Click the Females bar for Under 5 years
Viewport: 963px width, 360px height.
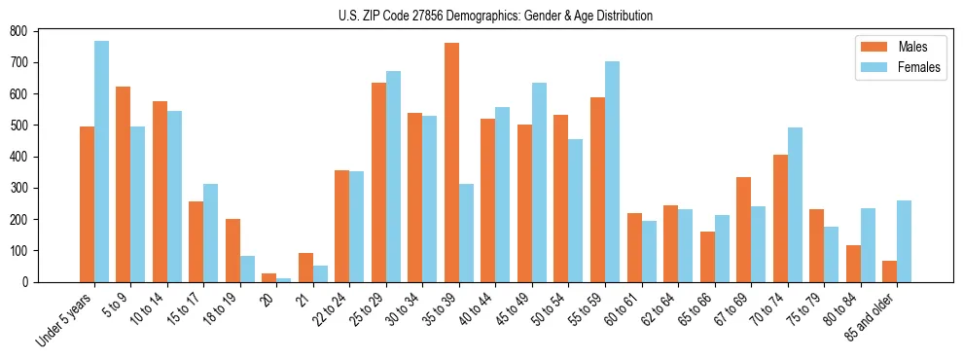pos(101,162)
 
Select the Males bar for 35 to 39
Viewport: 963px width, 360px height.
pos(451,162)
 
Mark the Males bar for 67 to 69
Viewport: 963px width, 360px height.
pos(743,230)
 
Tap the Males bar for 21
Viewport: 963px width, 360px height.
pos(305,268)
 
